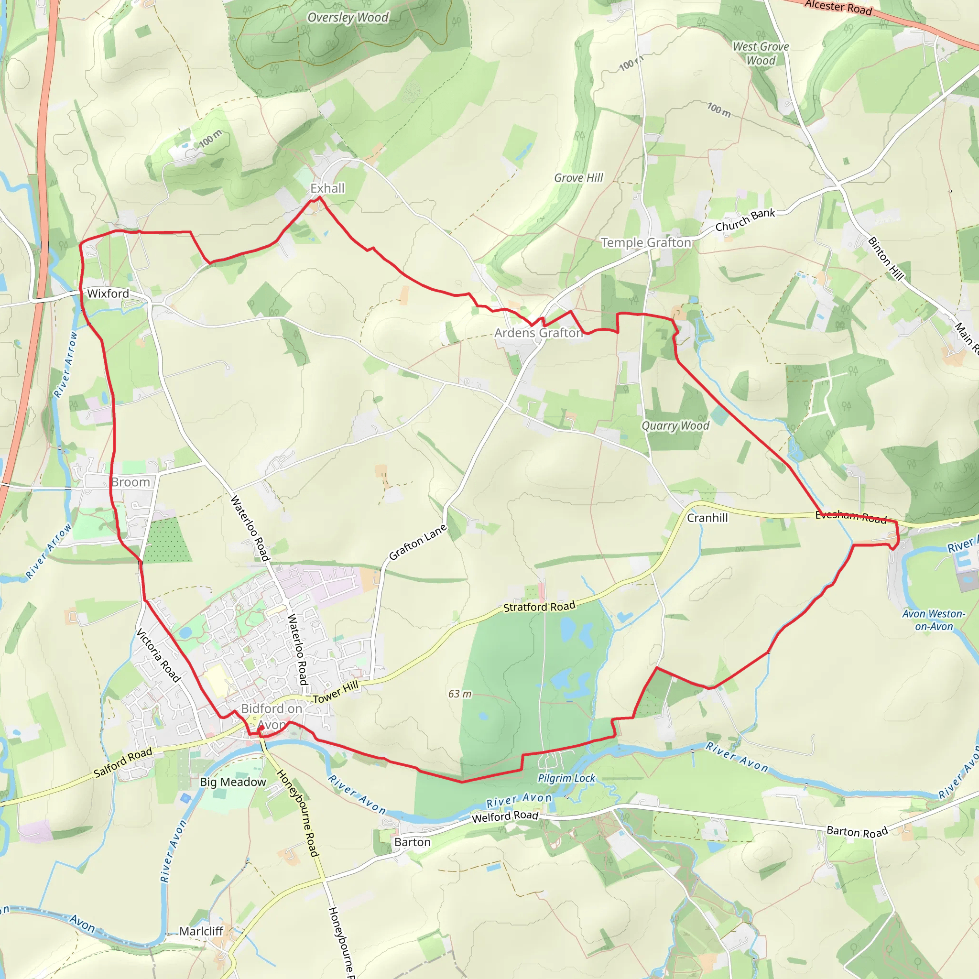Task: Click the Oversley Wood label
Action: [x=348, y=18]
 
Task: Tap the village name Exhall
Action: [x=327, y=188]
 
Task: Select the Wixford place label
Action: [x=108, y=294]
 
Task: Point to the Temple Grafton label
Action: [x=646, y=243]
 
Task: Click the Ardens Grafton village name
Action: [x=539, y=333]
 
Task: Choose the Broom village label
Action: [x=131, y=482]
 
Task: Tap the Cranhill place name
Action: [x=707, y=518]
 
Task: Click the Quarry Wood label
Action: [x=675, y=425]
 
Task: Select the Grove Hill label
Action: [x=579, y=178]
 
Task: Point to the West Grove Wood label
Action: [x=761, y=53]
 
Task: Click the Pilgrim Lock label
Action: [x=566, y=778]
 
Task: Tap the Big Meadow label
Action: [x=233, y=783]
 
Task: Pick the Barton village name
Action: [x=413, y=842]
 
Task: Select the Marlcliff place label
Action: [x=201, y=931]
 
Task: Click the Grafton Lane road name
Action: [x=418, y=542]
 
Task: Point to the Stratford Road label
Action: [x=539, y=607]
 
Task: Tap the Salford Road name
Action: [x=123, y=763]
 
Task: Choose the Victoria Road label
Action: [x=159, y=655]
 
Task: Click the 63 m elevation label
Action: [x=459, y=694]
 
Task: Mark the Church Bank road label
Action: [x=745, y=220]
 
